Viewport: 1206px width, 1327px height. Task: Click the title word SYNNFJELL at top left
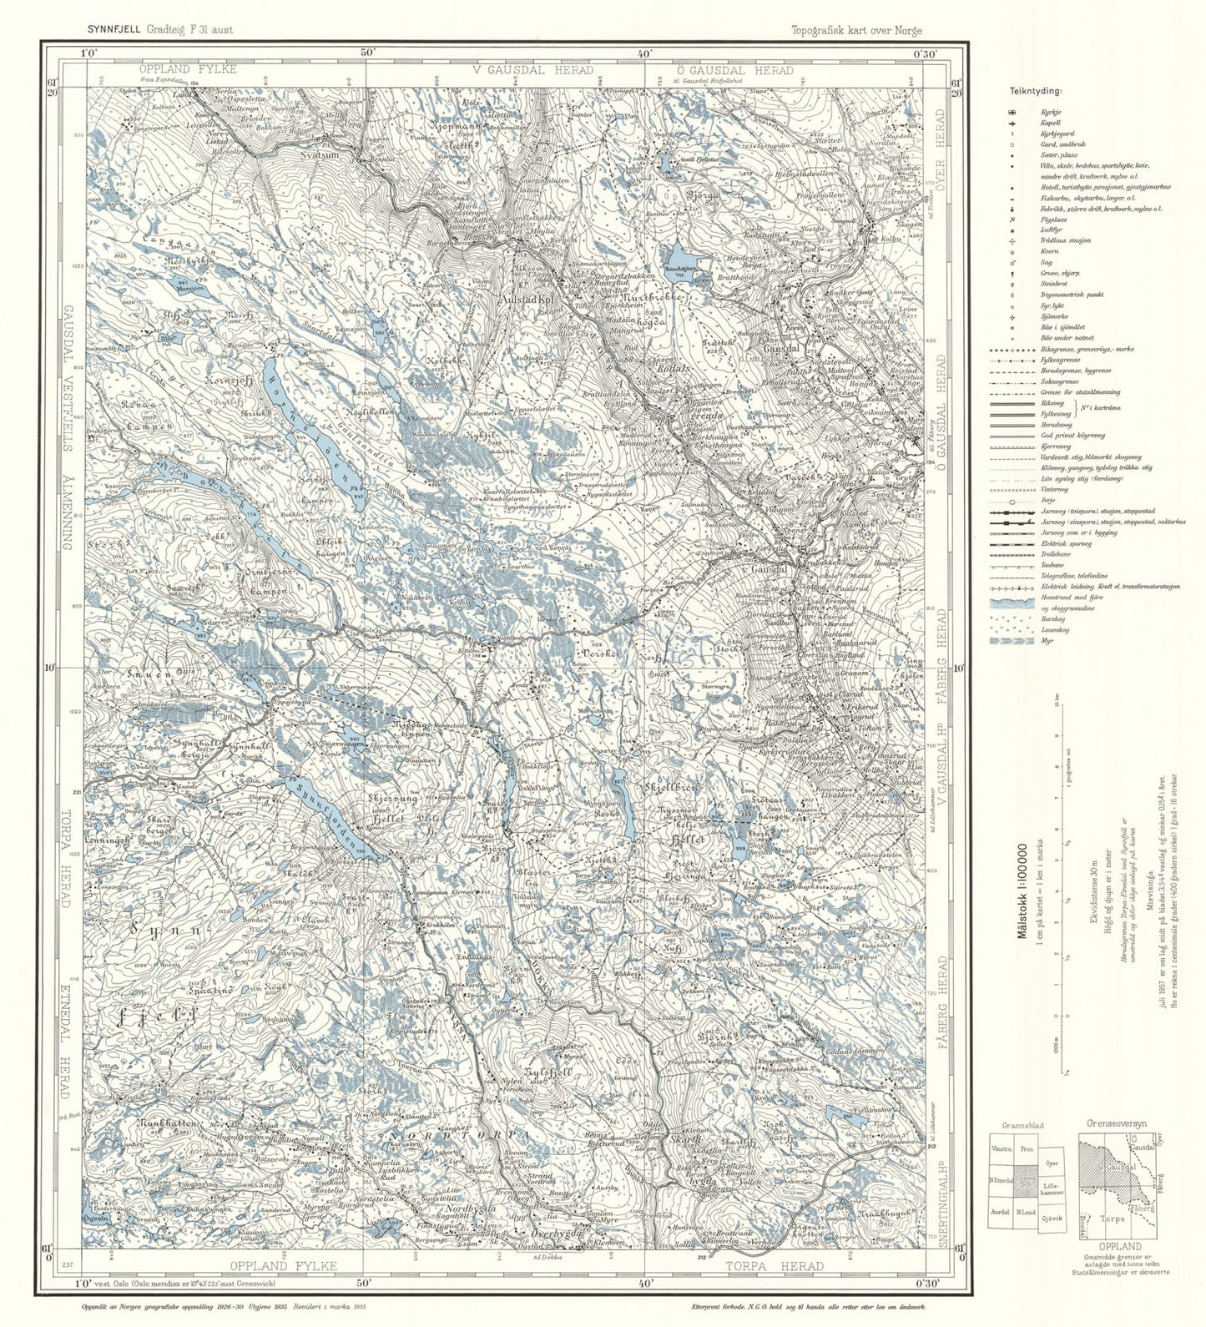coord(114,28)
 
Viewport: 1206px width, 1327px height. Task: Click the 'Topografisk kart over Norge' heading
coord(857,30)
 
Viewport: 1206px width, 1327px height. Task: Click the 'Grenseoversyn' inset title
coord(1116,1123)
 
